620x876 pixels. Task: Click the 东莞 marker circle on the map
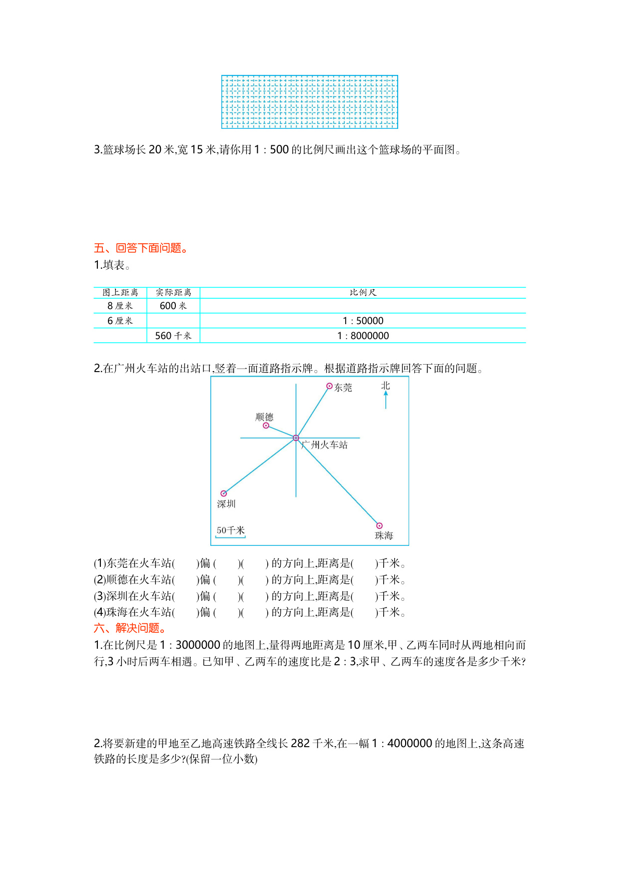tap(329, 386)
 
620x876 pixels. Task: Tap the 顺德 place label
tap(264, 417)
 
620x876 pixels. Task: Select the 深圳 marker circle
tap(224, 493)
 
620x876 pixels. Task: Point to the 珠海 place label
tap(384, 536)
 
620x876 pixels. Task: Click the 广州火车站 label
tap(325, 445)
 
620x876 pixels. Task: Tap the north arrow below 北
tap(386, 400)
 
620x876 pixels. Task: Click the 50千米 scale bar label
tap(230, 530)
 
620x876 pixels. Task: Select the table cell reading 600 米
tap(173, 306)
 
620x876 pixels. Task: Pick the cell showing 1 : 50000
tap(363, 321)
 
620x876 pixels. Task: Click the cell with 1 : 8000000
tap(363, 336)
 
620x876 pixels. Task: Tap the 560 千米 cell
tap(173, 336)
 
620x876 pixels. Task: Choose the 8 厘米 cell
tap(120, 306)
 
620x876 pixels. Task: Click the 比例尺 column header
tap(363, 293)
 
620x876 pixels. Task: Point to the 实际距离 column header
tap(173, 293)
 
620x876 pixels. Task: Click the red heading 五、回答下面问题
tap(141, 248)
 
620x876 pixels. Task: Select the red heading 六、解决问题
tap(130, 628)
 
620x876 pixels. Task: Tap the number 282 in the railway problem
tap(300, 744)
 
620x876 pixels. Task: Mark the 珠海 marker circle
tap(379, 525)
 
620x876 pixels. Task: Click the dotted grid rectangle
tap(310, 102)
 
